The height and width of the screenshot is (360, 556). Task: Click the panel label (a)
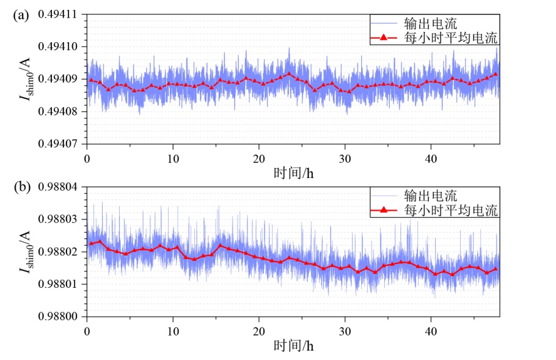(21, 16)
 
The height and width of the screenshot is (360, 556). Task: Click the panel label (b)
(21, 187)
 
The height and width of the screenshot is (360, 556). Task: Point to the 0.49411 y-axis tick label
(57, 15)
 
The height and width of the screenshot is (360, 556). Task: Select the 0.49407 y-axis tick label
(57, 144)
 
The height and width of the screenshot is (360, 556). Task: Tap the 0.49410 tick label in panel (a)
(57, 47)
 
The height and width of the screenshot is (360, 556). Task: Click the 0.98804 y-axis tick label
(57, 187)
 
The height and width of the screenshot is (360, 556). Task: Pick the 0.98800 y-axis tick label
(57, 317)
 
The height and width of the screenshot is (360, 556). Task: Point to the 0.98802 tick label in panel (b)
(57, 252)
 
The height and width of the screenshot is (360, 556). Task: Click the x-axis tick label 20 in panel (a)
(259, 158)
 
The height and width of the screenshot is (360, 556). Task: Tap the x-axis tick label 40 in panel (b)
(431, 331)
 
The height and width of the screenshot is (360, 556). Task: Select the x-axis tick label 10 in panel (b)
(173, 331)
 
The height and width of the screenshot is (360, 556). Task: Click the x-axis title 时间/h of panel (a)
(294, 174)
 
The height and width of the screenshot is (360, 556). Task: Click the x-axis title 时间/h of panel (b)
(294, 346)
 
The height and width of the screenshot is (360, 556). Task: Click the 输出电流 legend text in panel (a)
(431, 23)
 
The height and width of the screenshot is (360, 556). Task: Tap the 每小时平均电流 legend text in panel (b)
(451, 210)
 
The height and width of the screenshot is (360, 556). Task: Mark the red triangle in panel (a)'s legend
(383, 37)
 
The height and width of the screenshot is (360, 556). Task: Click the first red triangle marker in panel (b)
(91, 243)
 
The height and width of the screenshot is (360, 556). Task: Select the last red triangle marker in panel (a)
(496, 74)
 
